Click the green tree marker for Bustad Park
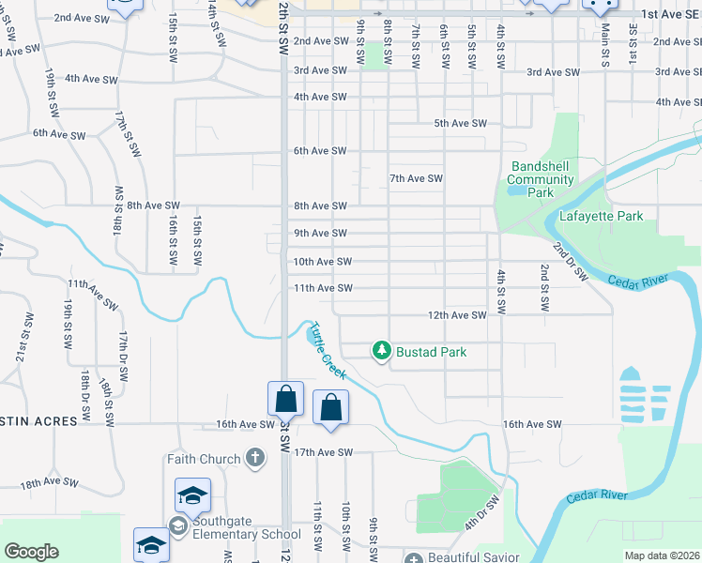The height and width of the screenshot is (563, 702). (x=381, y=351)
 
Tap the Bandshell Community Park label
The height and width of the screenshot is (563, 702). (x=541, y=179)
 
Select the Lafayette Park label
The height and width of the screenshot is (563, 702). (x=601, y=217)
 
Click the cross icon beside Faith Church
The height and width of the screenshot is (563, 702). (x=254, y=459)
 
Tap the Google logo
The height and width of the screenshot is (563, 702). (x=31, y=552)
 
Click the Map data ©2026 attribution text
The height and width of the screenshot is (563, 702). (x=662, y=555)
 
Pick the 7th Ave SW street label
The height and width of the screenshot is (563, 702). (x=416, y=178)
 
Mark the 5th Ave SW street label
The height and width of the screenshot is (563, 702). (x=460, y=124)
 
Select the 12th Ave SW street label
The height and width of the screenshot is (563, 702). (x=457, y=315)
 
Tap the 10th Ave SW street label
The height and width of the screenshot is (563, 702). (x=322, y=262)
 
